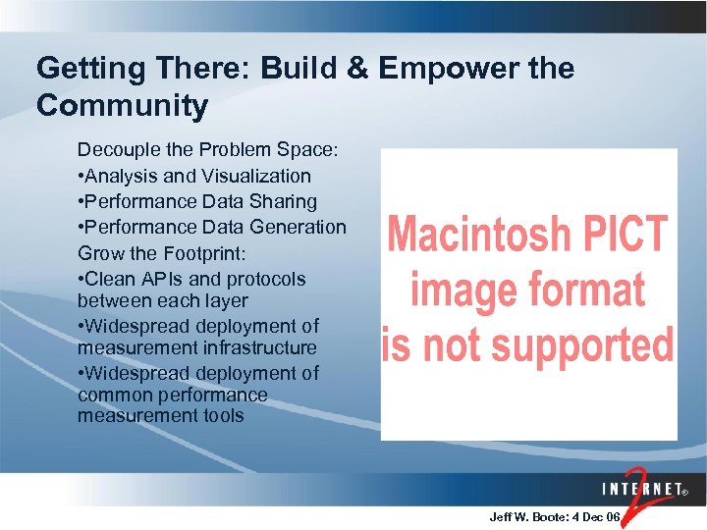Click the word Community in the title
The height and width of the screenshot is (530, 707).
(122, 106)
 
